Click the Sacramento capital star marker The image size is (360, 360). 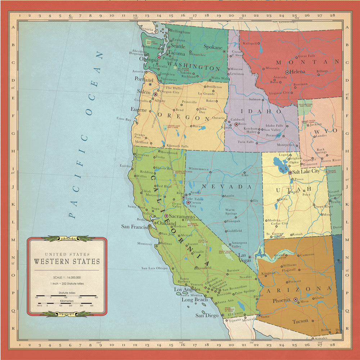pyautogui.click(x=166, y=216)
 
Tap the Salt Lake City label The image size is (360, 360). pyautogui.click(x=306, y=171)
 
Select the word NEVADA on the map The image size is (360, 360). pyautogui.click(x=227, y=186)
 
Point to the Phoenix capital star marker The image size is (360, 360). pyautogui.click(x=295, y=299)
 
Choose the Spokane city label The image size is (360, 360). pyautogui.click(x=213, y=47)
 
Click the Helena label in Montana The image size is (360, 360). pyautogui.click(x=297, y=72)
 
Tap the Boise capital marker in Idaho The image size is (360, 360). pyautogui.click(x=236, y=124)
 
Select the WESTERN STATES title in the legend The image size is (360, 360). pyautogui.click(x=67, y=261)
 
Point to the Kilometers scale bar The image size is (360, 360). pyautogui.click(x=67, y=303)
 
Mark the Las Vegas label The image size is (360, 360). pyautogui.click(x=244, y=257)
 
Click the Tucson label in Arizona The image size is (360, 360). pyautogui.click(x=300, y=321)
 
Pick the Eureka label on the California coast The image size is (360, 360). pyautogui.click(x=125, y=166)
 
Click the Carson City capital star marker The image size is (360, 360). pyautogui.click(x=188, y=202)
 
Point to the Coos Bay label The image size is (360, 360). pyautogui.click(x=123, y=118)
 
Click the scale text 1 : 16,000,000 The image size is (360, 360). pyautogui.click(x=67, y=278)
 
